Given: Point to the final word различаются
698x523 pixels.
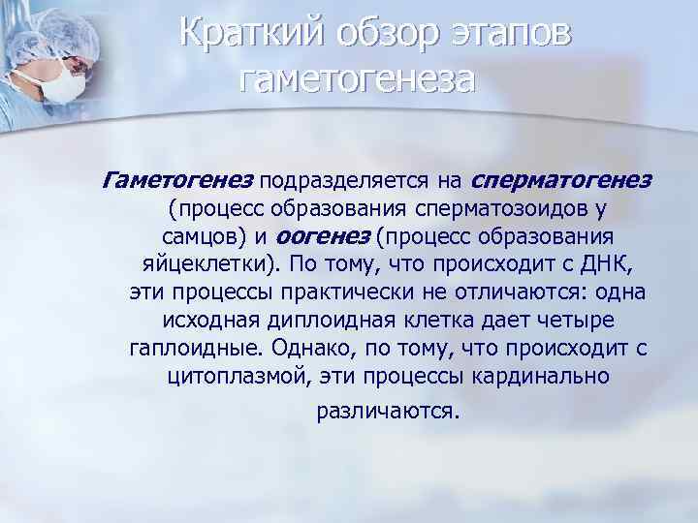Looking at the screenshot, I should (x=386, y=411).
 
